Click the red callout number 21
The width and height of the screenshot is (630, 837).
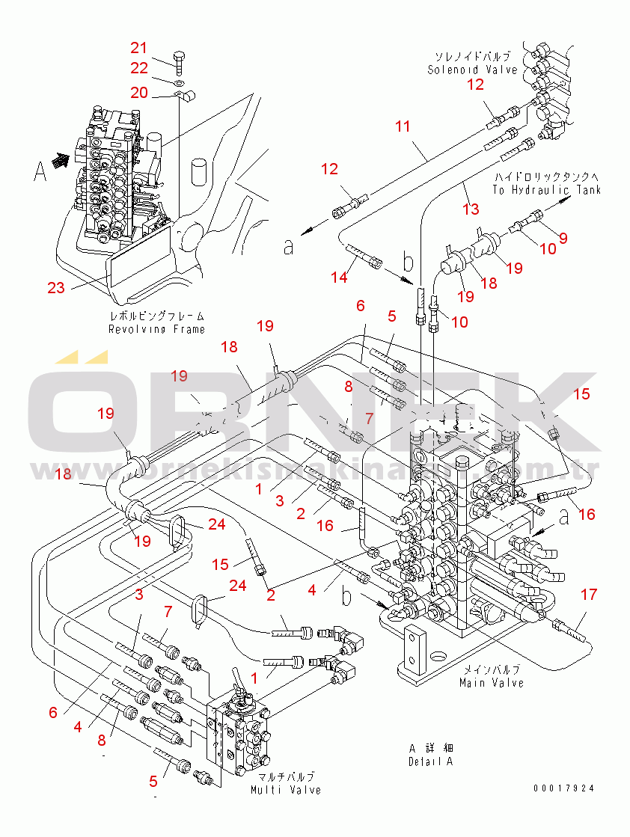[139, 48]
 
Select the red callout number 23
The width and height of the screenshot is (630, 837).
[56, 286]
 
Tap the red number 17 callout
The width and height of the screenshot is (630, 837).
[589, 595]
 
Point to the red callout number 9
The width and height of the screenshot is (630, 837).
[563, 238]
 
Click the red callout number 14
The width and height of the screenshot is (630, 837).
[339, 278]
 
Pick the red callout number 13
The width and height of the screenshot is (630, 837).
[471, 209]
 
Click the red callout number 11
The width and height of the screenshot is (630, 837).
[403, 126]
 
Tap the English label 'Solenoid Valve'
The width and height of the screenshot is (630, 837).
[472, 70]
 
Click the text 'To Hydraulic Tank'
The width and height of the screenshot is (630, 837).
[546, 190]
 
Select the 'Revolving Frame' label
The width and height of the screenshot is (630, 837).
[156, 329]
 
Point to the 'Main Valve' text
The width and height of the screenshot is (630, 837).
[492, 683]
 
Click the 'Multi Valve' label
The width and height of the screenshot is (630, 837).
[286, 790]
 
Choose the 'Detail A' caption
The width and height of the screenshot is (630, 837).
[430, 761]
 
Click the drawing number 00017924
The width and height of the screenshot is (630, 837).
[565, 788]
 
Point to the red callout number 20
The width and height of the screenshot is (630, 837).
[139, 92]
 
